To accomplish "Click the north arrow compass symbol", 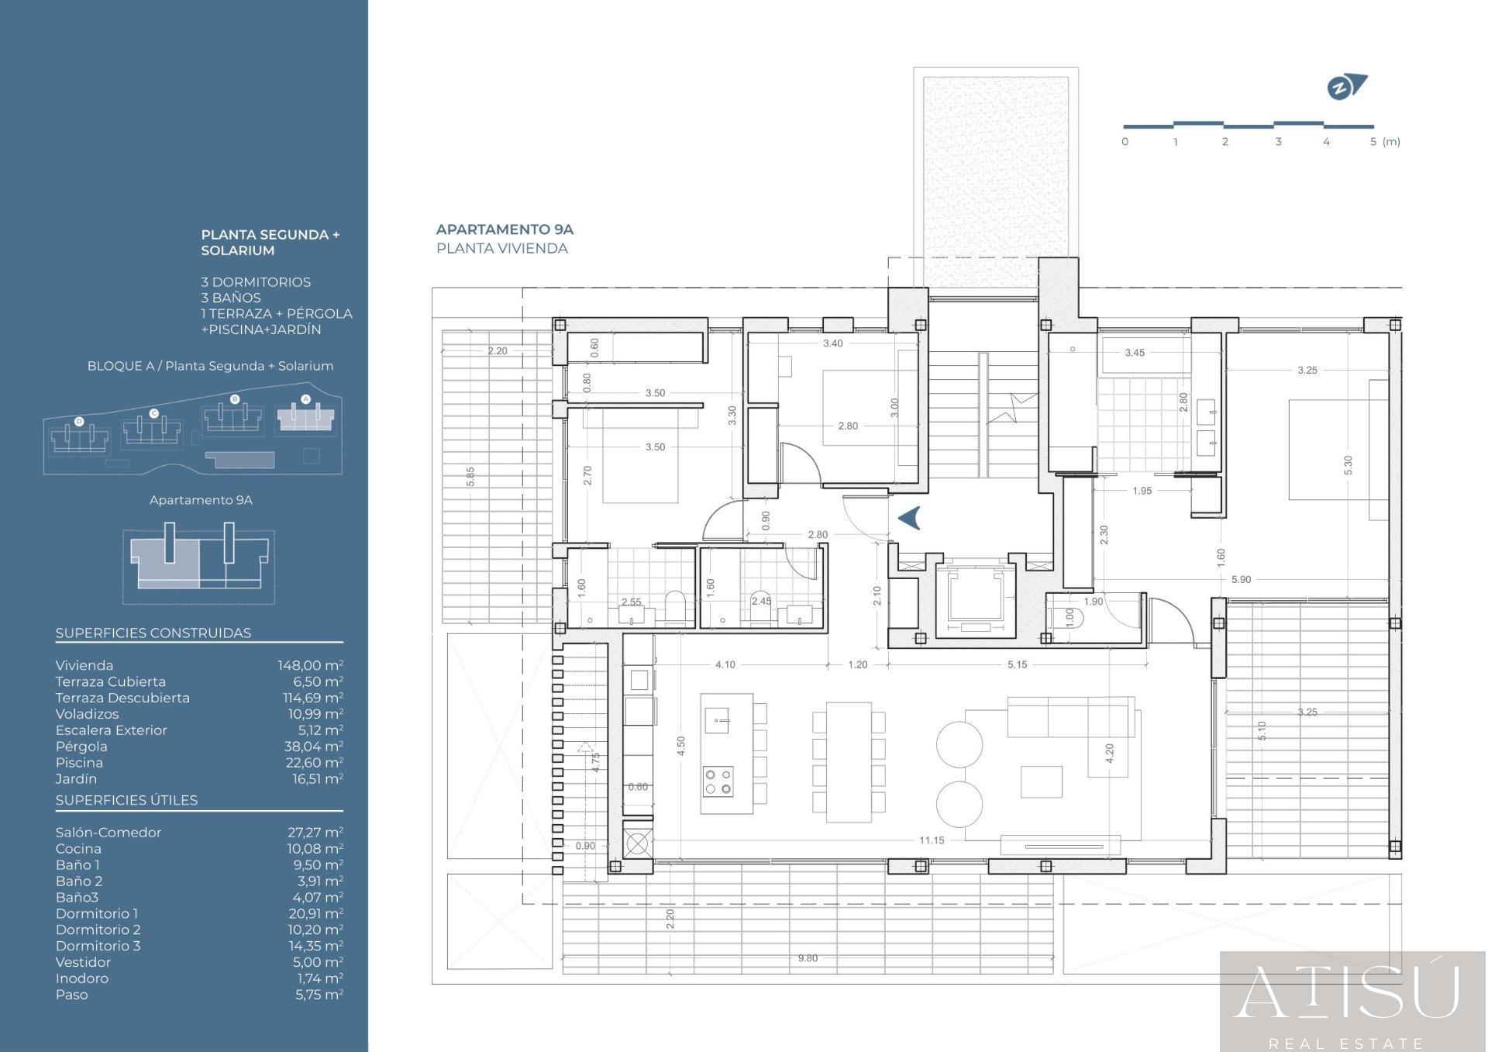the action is coord(1347,87).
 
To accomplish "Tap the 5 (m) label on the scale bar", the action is coord(1385,142).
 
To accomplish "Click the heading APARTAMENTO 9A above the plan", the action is coord(505,229).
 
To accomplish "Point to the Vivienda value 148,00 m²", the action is coord(310,665).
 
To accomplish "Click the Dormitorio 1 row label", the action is coord(97,913).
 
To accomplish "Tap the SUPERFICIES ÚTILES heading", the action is coord(126,800).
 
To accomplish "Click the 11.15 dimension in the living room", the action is coord(932,840).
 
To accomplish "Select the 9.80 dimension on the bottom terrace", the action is coord(808,958).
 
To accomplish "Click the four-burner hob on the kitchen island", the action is coord(718,781).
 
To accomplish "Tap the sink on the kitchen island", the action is coord(717,721).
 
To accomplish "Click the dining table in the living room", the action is coord(849,762).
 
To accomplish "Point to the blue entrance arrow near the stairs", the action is coord(910,517).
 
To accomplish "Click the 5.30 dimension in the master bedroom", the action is coord(1348,465).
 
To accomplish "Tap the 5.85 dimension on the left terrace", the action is coord(470,477).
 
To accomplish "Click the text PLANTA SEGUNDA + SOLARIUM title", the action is coord(270,242).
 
